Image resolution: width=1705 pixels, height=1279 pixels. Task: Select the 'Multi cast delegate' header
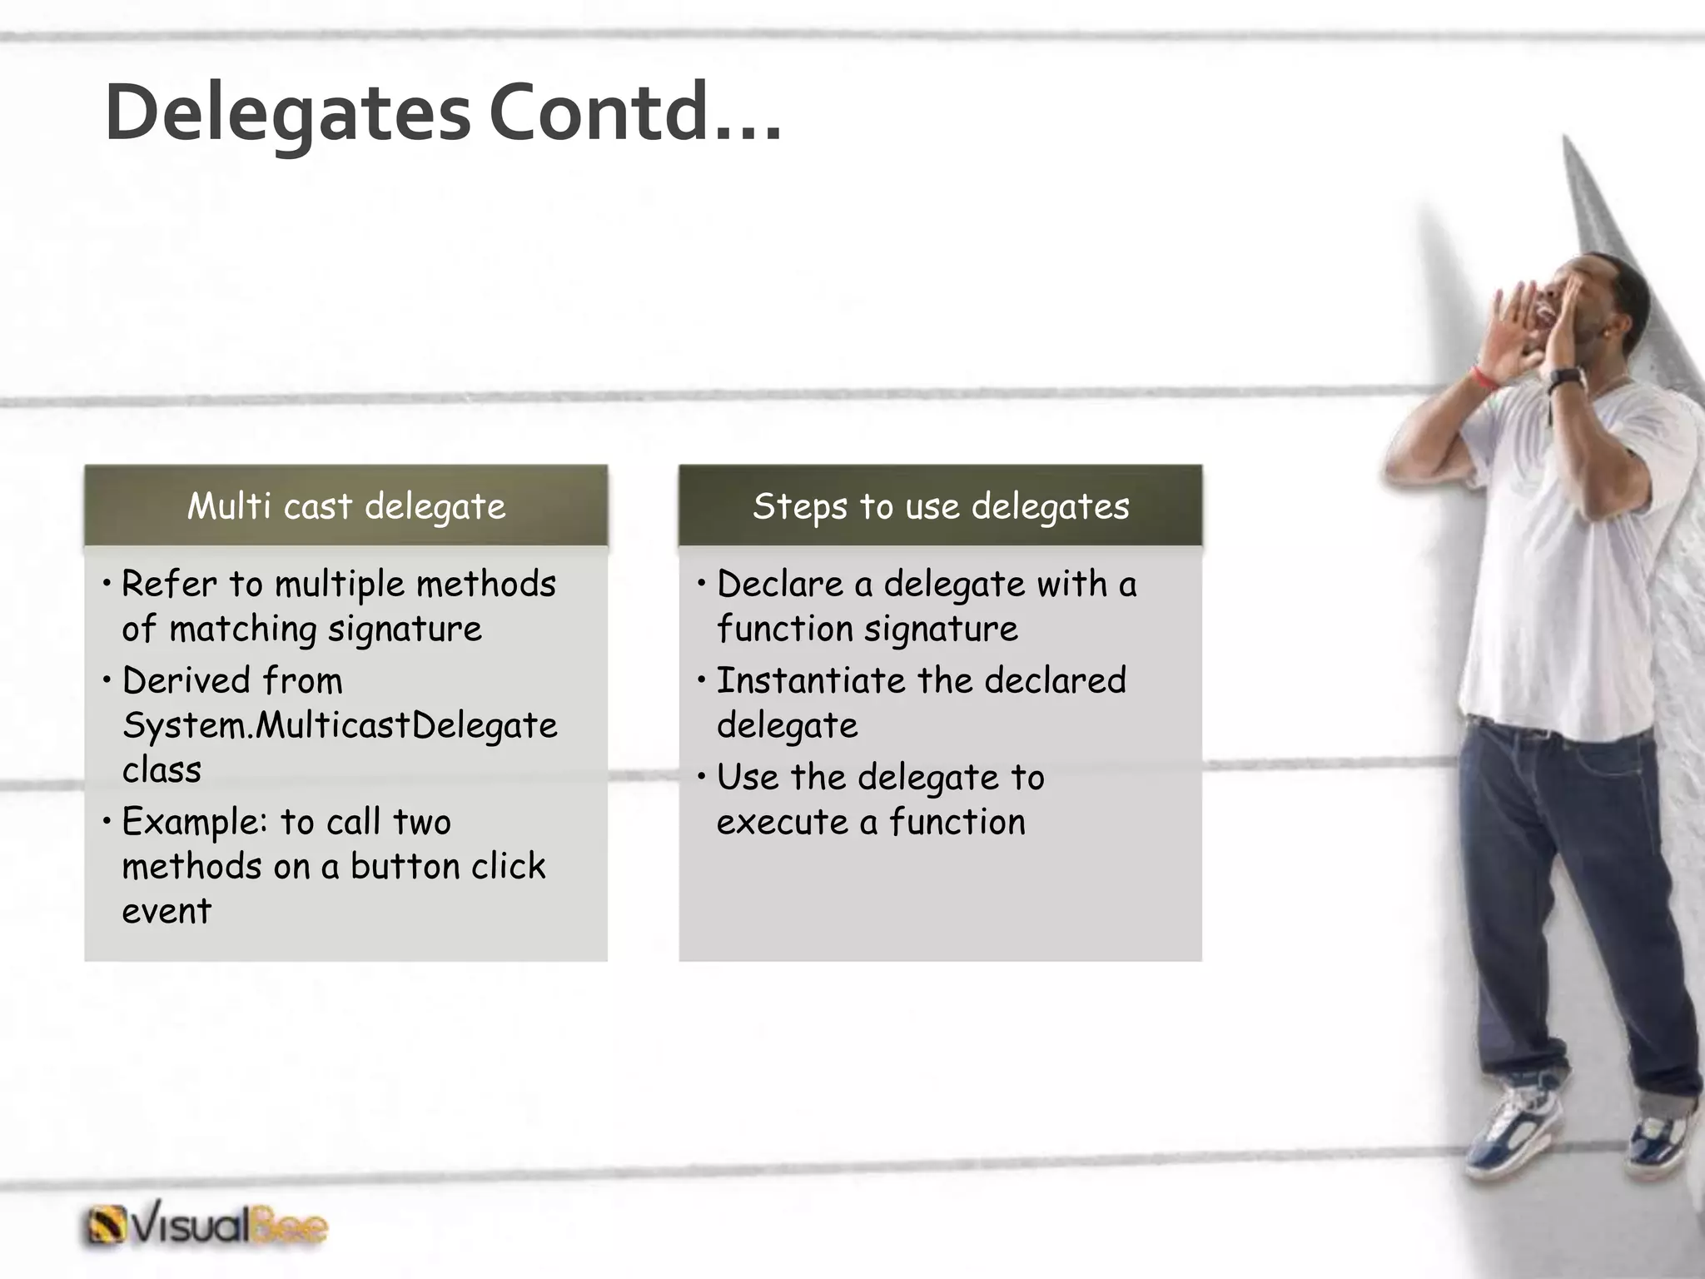(x=346, y=506)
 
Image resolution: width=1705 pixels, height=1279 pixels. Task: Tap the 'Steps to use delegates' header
(x=941, y=506)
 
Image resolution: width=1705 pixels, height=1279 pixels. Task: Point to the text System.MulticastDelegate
(x=340, y=725)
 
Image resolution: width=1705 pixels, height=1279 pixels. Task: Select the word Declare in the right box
(x=780, y=584)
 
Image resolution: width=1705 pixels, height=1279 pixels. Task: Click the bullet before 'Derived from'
(x=107, y=681)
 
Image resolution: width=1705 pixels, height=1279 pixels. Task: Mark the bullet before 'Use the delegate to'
(x=702, y=778)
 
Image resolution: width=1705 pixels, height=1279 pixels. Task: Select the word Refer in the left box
(x=168, y=584)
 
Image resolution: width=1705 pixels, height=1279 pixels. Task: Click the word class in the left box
(x=162, y=770)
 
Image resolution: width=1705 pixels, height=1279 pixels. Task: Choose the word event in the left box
(x=167, y=911)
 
